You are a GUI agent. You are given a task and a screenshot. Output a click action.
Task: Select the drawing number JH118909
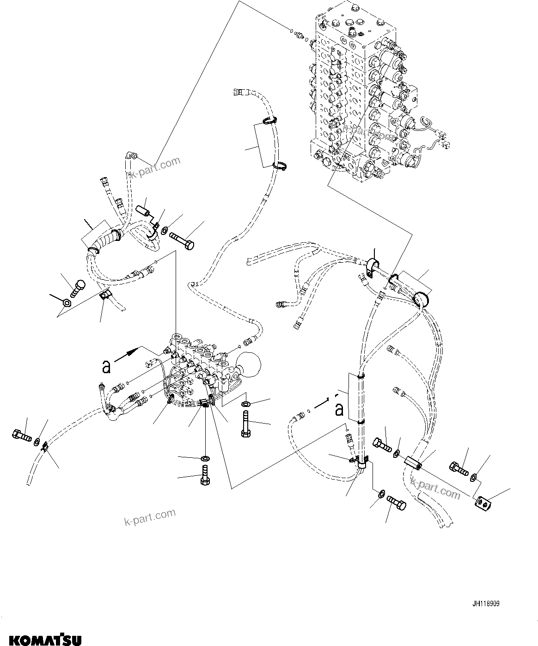pyautogui.click(x=486, y=604)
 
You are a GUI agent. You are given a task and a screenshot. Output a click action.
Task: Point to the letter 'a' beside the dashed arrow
pyautogui.click(x=339, y=409)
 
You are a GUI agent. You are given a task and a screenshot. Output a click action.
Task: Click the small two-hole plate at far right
pyautogui.click(x=483, y=503)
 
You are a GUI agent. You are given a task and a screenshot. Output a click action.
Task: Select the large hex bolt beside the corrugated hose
pyautogui.click(x=183, y=241)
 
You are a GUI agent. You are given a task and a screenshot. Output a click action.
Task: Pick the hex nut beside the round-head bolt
pyautogui.click(x=66, y=303)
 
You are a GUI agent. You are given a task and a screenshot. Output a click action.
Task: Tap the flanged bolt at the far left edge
pyautogui.click(x=20, y=435)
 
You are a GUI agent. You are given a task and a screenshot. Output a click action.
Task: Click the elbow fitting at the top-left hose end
pyautogui.click(x=131, y=157)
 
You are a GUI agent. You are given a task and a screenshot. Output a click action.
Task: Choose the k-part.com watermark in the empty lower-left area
pyautogui.click(x=150, y=517)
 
